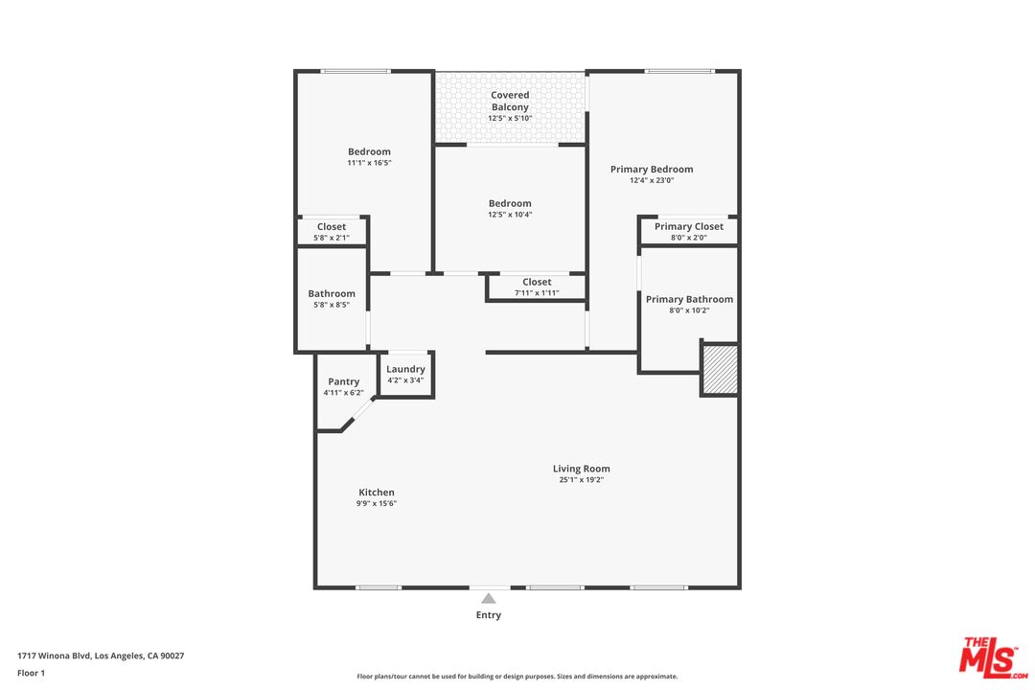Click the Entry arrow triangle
489,598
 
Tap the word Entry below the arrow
489,615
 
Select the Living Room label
581,469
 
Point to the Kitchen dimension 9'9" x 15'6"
377,503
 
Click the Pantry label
343,381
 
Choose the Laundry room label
405,369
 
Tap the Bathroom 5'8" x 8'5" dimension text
332,305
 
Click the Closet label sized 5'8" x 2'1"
332,227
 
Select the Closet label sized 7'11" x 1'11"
537,282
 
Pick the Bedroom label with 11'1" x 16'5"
369,151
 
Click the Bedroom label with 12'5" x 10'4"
510,203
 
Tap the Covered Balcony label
510,101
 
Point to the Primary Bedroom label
652,169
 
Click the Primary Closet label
689,226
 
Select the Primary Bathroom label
689,299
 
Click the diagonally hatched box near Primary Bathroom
720,369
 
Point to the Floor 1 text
31,673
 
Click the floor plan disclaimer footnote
517,677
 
